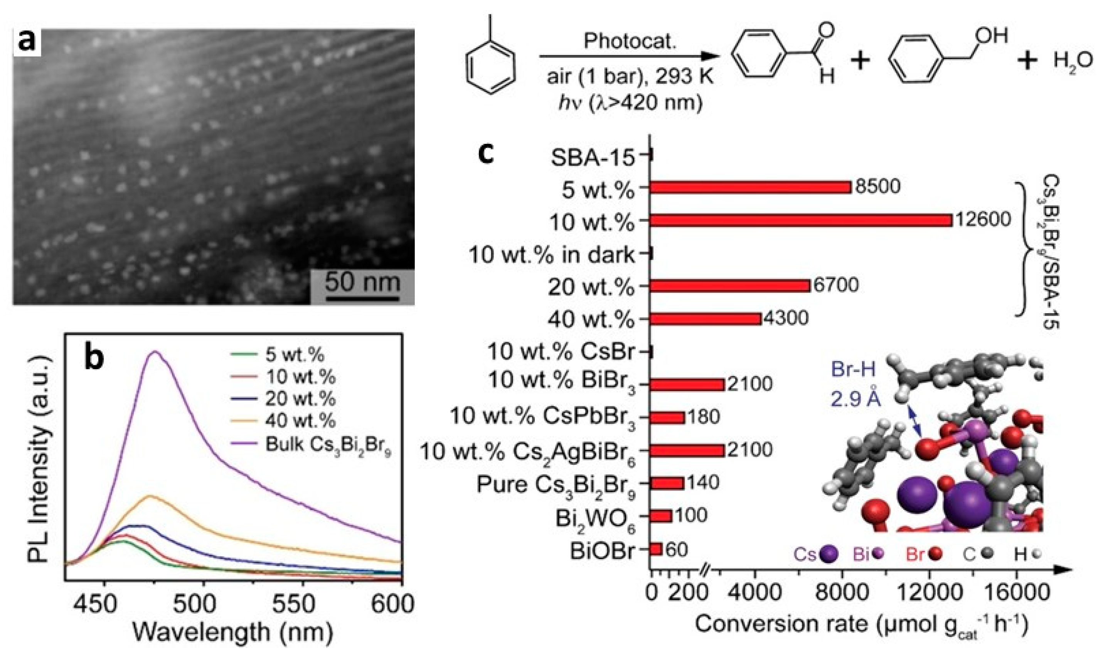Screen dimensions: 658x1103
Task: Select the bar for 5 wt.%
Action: click(750, 187)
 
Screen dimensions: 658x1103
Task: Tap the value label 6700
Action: click(836, 285)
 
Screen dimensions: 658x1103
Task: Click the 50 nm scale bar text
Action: click(362, 282)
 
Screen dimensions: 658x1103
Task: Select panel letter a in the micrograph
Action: click(27, 44)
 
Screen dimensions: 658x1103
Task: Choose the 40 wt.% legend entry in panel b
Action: click(300, 421)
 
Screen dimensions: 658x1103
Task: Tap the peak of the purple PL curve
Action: click(155, 352)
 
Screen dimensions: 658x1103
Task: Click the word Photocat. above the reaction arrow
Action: click(630, 41)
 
